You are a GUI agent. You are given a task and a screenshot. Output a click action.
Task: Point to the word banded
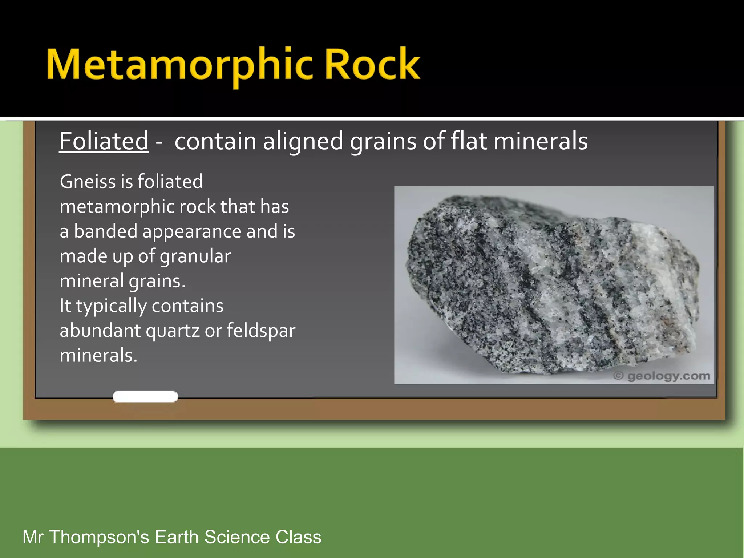[106, 231]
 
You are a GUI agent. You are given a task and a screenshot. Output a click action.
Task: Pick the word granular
[195, 256]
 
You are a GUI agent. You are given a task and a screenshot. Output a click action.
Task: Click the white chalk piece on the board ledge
[145, 396]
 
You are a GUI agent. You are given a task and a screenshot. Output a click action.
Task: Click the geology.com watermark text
[668, 376]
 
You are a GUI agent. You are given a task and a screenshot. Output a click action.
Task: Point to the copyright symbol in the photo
[618, 376]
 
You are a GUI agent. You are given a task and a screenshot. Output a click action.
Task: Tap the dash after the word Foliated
[159, 142]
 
